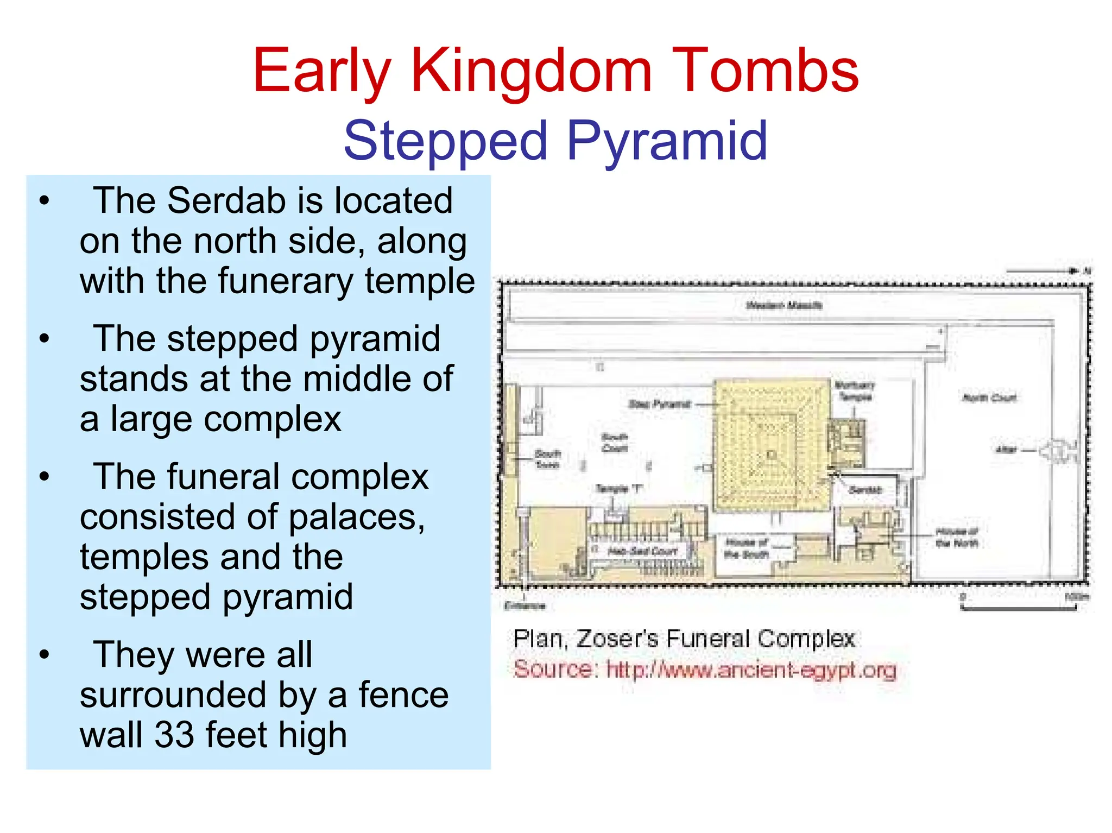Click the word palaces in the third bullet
click(356, 518)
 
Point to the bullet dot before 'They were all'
click(45, 655)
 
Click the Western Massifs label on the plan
click(784, 305)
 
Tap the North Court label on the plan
click(989, 398)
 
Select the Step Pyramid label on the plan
click(659, 404)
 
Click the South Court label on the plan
click(614, 443)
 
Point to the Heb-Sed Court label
click(642, 551)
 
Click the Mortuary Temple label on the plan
click(855, 391)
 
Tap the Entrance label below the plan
click(524, 605)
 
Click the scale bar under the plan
click(1018, 609)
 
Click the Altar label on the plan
click(1006, 449)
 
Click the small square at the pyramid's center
click(771, 455)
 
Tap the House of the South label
click(746, 548)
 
